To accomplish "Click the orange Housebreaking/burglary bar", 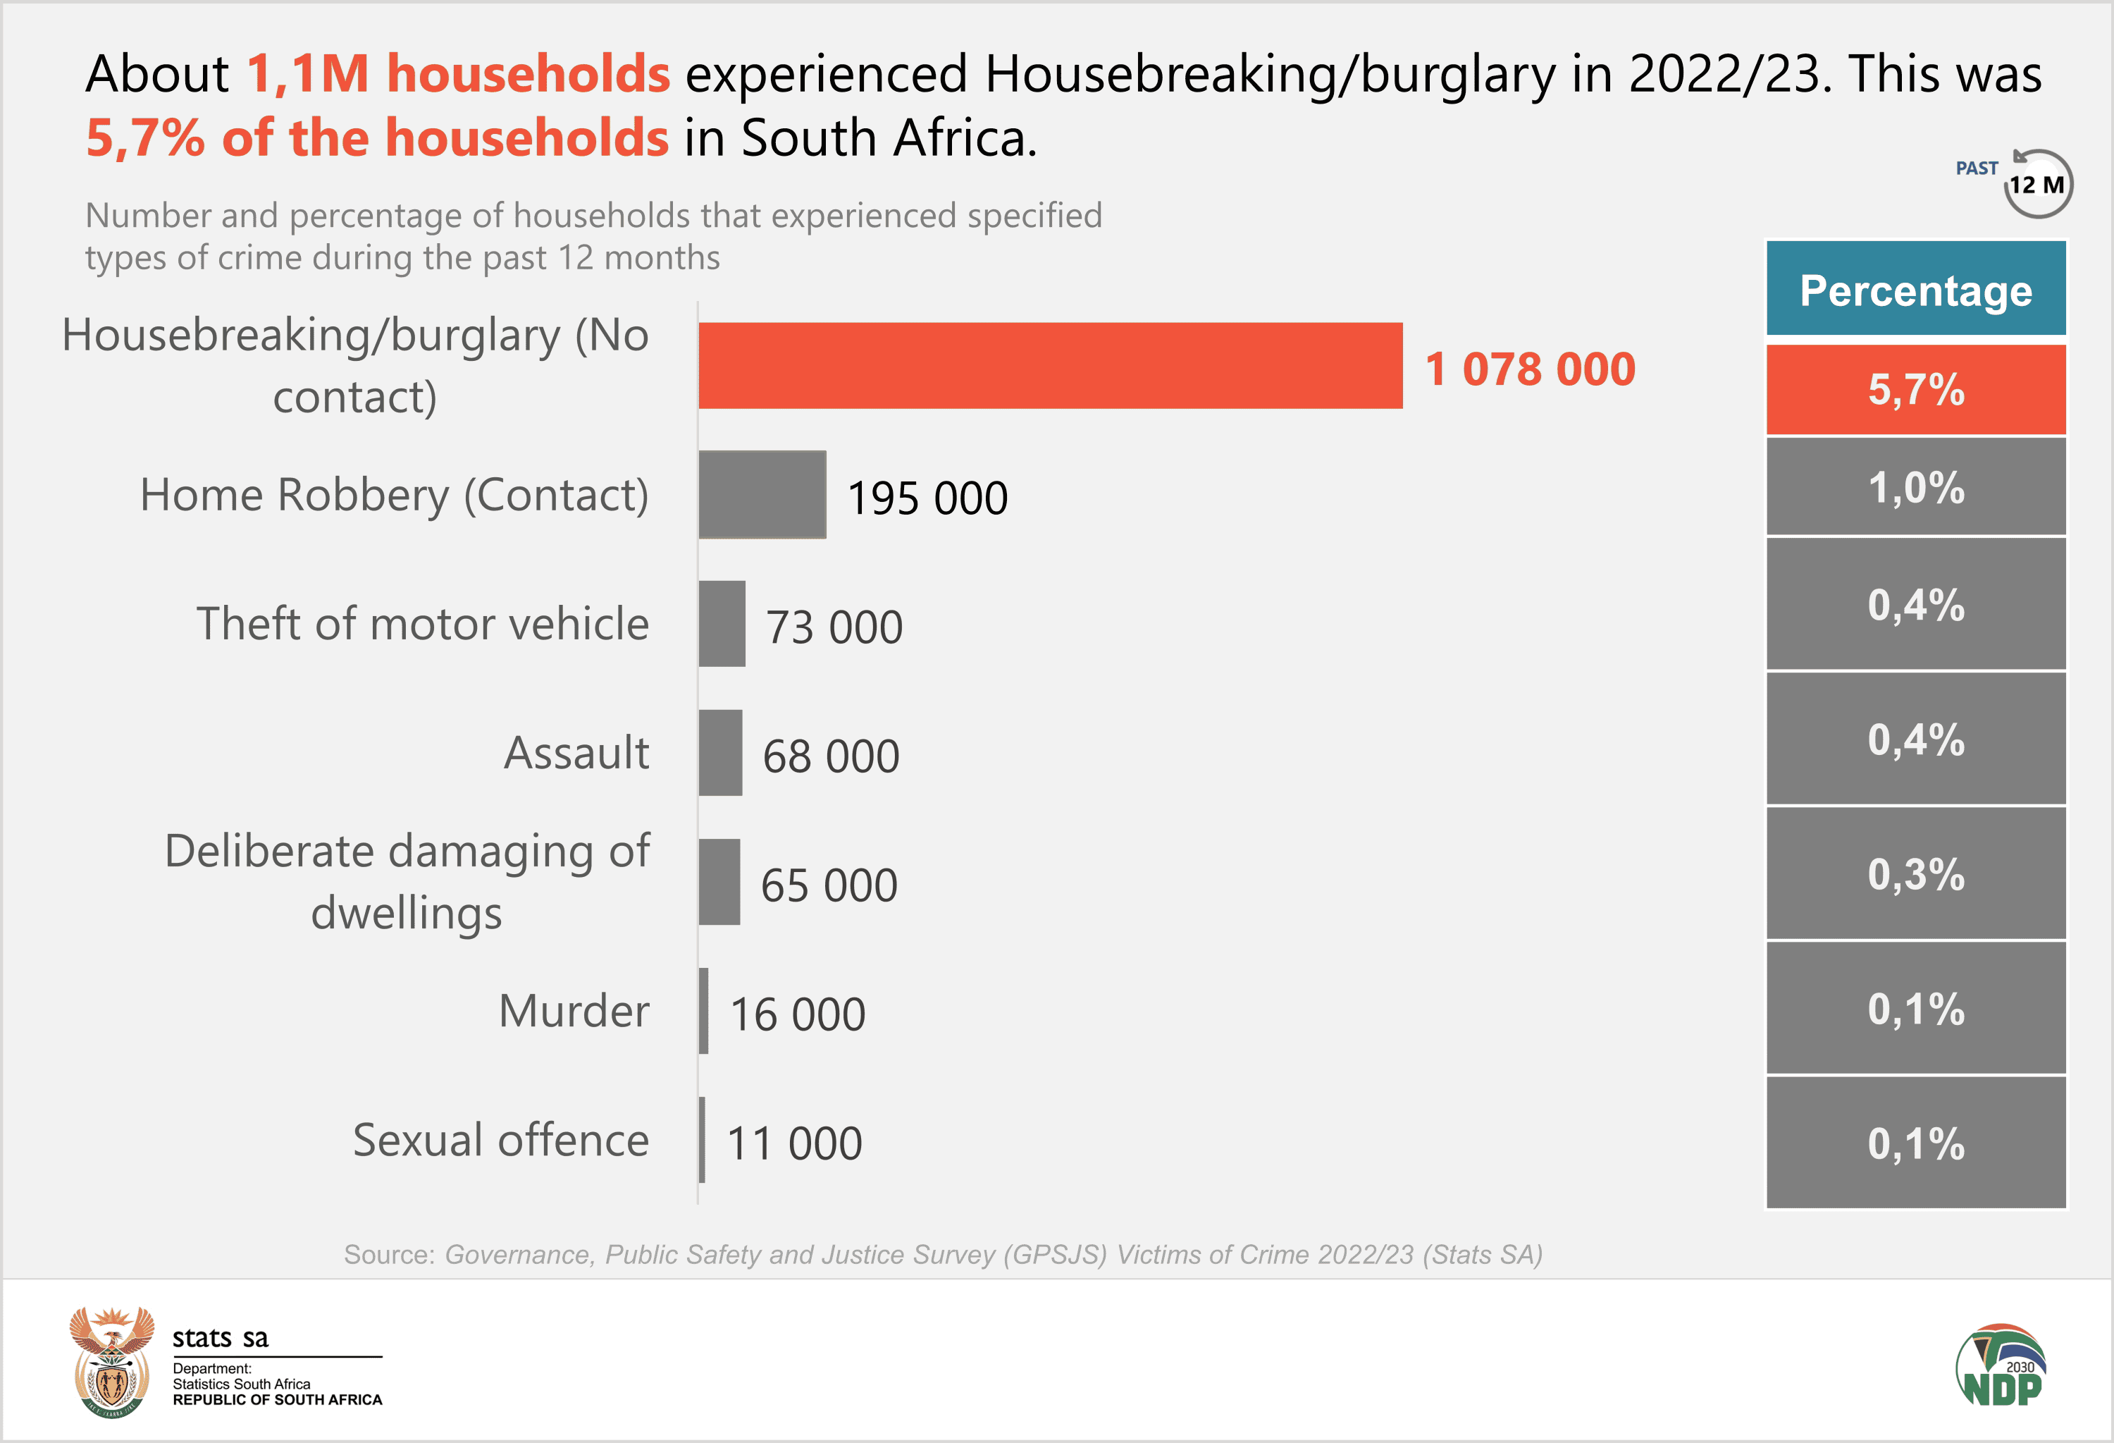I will [1050, 365].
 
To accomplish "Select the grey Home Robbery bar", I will [762, 494].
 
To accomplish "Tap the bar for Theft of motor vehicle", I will [722, 624].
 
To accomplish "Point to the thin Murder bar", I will [703, 1011].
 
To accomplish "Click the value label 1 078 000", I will [1530, 369].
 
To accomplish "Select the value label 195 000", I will [927, 498].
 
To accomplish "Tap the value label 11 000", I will [794, 1143].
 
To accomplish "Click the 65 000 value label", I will [829, 885].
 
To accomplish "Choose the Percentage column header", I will [1916, 290].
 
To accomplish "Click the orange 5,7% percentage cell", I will [1916, 389].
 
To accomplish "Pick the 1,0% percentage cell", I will [1916, 488].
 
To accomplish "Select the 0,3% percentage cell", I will [1916, 874].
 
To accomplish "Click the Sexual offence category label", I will [500, 1140].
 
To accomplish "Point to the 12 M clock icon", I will [2036, 185].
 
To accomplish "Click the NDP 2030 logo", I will [2001, 1365].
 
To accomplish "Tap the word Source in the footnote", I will [388, 1255].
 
